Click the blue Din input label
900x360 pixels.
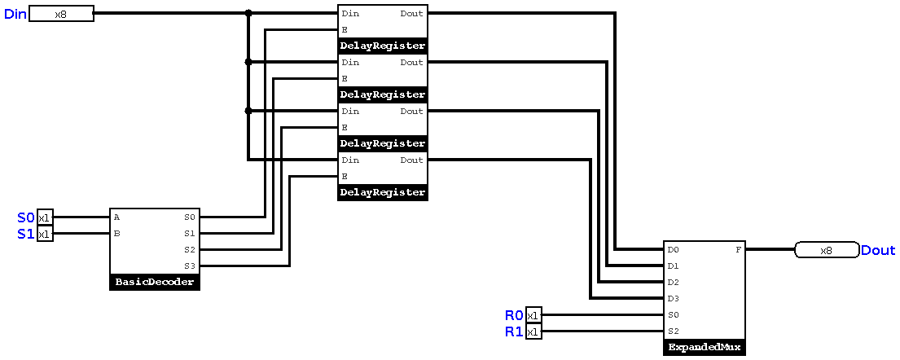(x=15, y=14)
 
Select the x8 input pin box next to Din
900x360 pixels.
(x=61, y=14)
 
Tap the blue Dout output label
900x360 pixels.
(x=878, y=250)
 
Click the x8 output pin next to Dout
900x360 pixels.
(x=826, y=250)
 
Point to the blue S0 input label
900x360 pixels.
(x=26, y=217)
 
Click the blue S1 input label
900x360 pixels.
(x=26, y=234)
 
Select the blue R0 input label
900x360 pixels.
(x=514, y=315)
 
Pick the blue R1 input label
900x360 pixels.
(x=514, y=331)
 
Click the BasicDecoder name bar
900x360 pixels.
(x=155, y=283)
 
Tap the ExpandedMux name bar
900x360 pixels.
(x=705, y=348)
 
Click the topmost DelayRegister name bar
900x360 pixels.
(x=383, y=46)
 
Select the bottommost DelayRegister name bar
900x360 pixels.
(x=383, y=192)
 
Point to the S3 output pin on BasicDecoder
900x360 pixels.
(x=190, y=266)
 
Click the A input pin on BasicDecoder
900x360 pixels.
(x=117, y=217)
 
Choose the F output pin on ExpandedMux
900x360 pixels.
(x=738, y=250)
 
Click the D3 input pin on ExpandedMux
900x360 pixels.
(x=673, y=299)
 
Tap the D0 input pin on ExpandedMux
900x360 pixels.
(x=673, y=250)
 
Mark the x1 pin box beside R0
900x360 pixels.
(x=533, y=315)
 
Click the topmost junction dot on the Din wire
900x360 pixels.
(x=248, y=14)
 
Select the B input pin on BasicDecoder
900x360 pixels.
(x=117, y=234)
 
